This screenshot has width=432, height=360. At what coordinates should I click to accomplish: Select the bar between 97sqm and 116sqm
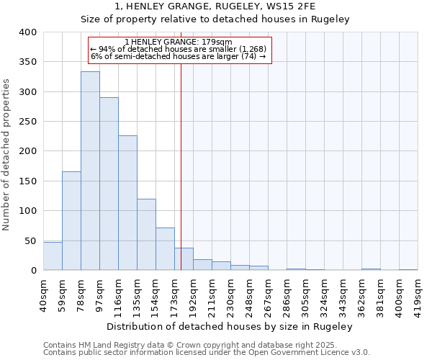click(109, 184)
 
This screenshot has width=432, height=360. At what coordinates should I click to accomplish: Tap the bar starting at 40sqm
click(53, 256)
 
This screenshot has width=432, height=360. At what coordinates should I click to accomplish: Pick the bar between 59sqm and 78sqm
click(71, 221)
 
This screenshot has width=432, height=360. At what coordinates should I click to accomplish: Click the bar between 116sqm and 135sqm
click(127, 203)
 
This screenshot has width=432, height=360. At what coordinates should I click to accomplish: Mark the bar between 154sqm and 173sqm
click(165, 249)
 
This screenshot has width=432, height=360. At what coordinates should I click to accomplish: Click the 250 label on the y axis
click(27, 122)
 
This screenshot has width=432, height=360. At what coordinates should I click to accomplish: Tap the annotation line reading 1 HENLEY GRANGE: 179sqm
click(179, 42)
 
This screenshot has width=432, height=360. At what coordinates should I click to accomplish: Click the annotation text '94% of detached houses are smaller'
click(179, 49)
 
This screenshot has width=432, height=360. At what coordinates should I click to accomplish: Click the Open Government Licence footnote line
click(207, 353)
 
